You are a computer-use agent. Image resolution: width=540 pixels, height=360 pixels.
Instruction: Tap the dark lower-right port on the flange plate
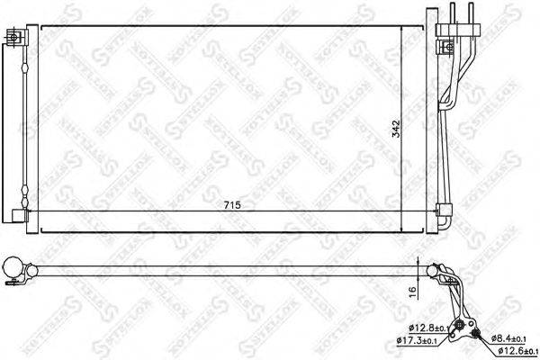point(474,336)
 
